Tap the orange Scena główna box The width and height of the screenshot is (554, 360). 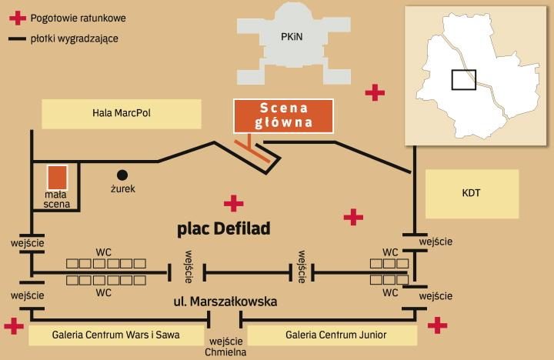click(x=284, y=115)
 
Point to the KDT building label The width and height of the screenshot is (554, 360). click(x=472, y=193)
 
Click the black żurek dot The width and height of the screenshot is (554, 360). click(x=122, y=175)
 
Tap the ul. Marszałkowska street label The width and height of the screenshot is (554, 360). click(x=225, y=302)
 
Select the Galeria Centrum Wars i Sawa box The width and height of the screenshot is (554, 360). click(x=117, y=335)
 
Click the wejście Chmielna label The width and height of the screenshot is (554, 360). click(x=226, y=347)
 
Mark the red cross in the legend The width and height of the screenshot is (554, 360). click(x=17, y=18)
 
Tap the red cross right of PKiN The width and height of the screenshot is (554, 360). click(x=375, y=93)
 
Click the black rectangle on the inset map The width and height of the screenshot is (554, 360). click(x=463, y=79)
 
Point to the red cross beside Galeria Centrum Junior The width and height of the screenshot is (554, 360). click(x=437, y=325)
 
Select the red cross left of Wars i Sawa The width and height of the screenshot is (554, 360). click(x=14, y=326)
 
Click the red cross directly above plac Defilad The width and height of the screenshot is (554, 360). click(x=233, y=203)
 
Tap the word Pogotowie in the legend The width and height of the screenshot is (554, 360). click(x=55, y=18)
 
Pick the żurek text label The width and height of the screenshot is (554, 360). click(x=122, y=188)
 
